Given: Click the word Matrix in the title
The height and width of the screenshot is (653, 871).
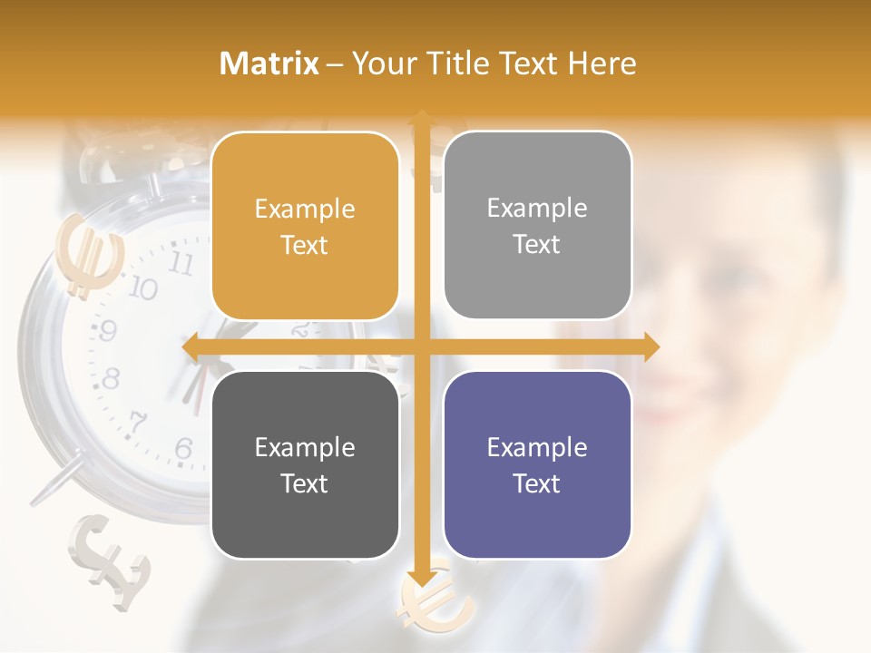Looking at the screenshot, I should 269,63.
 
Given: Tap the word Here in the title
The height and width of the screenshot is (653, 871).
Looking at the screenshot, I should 602,63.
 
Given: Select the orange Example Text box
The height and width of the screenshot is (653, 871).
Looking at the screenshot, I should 305,226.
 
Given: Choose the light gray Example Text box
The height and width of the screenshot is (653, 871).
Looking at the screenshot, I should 537,225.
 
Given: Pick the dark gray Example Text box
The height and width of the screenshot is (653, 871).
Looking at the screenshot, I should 305,464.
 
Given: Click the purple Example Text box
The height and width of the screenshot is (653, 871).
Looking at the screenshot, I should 537,464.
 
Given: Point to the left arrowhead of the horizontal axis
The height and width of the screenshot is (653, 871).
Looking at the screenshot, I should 191,346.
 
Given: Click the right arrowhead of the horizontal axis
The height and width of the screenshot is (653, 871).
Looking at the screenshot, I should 651,346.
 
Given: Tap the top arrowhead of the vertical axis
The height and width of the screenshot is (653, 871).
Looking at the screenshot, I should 421,118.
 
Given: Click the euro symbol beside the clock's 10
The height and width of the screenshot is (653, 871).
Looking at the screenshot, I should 88,256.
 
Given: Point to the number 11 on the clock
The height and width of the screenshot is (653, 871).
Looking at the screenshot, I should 181,264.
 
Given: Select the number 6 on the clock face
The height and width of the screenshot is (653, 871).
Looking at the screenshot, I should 183,447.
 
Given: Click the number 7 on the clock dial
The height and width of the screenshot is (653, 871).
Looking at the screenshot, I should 138,421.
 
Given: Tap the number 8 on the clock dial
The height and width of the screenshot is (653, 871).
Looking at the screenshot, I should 112,377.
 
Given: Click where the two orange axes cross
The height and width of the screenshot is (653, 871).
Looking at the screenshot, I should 421,346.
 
